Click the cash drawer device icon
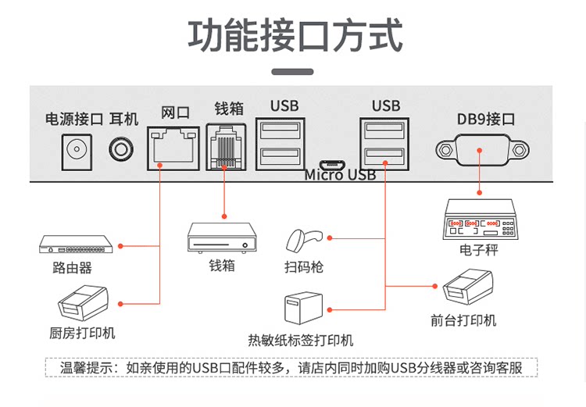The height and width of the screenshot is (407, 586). pos(223,237)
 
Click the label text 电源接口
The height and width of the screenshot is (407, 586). pos(74,120)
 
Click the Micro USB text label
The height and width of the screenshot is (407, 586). pos(340,175)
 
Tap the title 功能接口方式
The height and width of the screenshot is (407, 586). pos(295,35)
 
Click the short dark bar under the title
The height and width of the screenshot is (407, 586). pos(292,72)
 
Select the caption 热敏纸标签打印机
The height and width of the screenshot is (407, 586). pos(301,340)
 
